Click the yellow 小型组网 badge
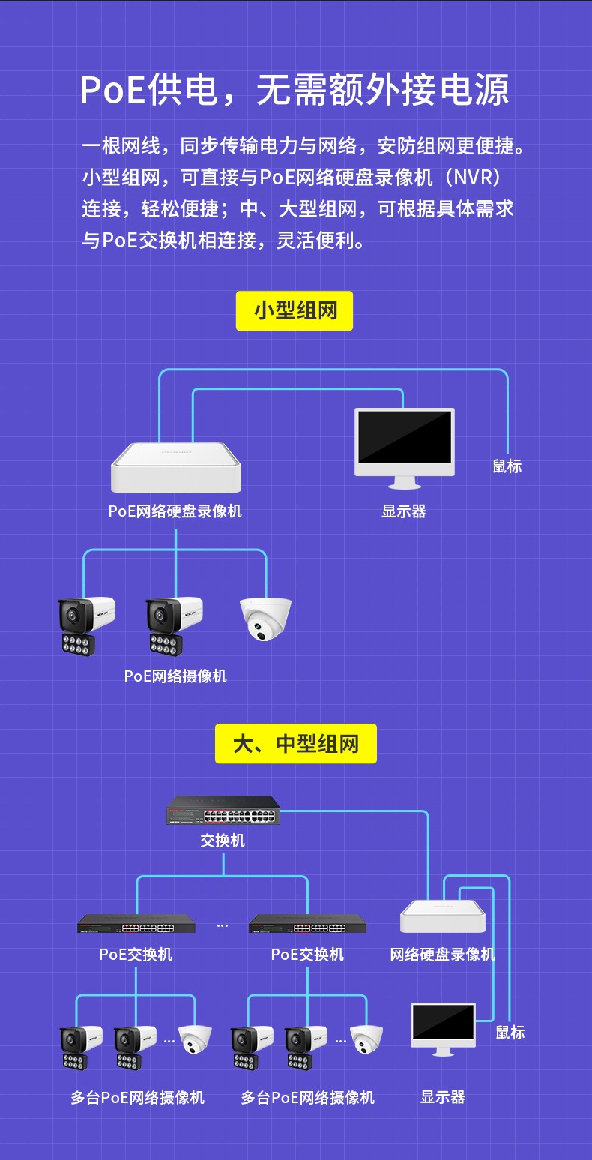pyautogui.click(x=295, y=310)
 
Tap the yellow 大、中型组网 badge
pyautogui.click(x=296, y=744)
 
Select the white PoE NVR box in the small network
pyautogui.click(x=176, y=468)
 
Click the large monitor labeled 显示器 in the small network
pyautogui.click(x=405, y=448)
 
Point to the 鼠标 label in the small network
pyautogui.click(x=507, y=466)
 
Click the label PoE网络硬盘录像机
pyautogui.click(x=175, y=511)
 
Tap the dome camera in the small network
pyautogui.click(x=265, y=619)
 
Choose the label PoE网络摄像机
pyautogui.click(x=175, y=676)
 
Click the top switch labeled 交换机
pyautogui.click(x=223, y=810)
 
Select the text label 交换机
pyautogui.click(x=223, y=840)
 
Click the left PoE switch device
pyautogui.click(x=136, y=924)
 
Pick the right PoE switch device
pyautogui.click(x=307, y=924)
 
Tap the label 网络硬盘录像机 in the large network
pyautogui.click(x=442, y=954)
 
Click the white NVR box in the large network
pyautogui.click(x=443, y=916)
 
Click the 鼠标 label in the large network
pyautogui.click(x=510, y=1032)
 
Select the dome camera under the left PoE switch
pyautogui.click(x=195, y=1039)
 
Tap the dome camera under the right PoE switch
pyautogui.click(x=366, y=1039)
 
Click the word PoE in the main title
pyautogui.click(x=112, y=90)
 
